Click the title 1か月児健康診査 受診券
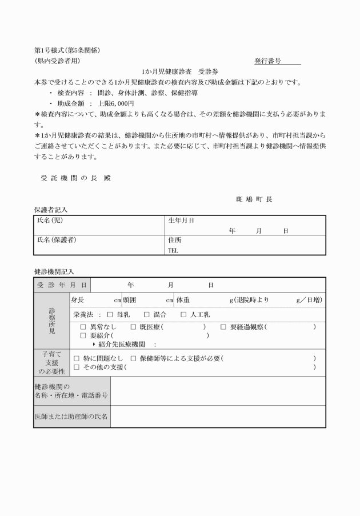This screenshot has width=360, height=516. [x=180, y=71]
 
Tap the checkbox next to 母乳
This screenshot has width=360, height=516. [x=110, y=314]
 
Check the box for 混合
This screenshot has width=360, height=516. [x=146, y=314]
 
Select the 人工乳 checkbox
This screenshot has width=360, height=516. [x=183, y=314]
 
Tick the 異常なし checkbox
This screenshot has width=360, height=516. [x=83, y=327]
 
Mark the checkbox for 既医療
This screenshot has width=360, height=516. [x=133, y=327]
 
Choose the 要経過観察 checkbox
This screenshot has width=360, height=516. [x=223, y=327]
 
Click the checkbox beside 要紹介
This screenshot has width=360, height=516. [x=83, y=336]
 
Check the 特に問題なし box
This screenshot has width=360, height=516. [x=77, y=358]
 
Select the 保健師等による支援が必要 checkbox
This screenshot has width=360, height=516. [x=133, y=358]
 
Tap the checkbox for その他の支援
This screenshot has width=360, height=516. [x=77, y=367]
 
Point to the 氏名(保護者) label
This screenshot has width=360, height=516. [x=57, y=241]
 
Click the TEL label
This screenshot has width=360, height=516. [x=173, y=250]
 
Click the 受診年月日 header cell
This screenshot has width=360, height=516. [x=62, y=285]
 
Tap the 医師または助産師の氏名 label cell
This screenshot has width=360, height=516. [x=72, y=417]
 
